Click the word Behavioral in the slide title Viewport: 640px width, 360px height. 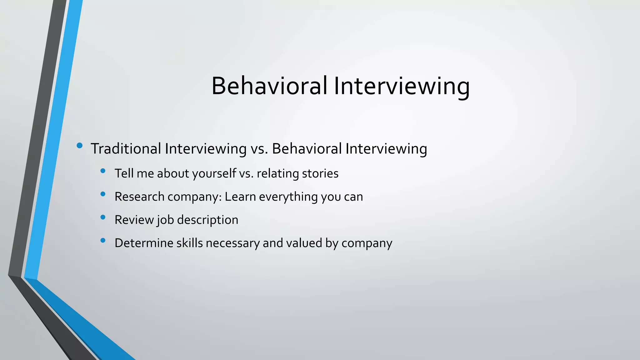(x=269, y=86)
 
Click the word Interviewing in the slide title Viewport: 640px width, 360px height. (x=402, y=86)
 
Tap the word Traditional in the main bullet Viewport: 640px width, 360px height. (x=126, y=148)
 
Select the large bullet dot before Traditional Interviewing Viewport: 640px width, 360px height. (x=79, y=145)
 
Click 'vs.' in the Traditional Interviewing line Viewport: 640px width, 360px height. (x=259, y=148)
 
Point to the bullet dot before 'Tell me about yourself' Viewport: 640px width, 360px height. (x=103, y=171)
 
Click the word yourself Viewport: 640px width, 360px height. (x=214, y=173)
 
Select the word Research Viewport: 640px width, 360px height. (x=139, y=197)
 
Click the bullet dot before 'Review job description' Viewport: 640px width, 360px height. (x=103, y=217)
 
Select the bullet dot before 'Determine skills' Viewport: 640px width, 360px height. (x=103, y=240)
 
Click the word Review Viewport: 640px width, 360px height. (x=134, y=220)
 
